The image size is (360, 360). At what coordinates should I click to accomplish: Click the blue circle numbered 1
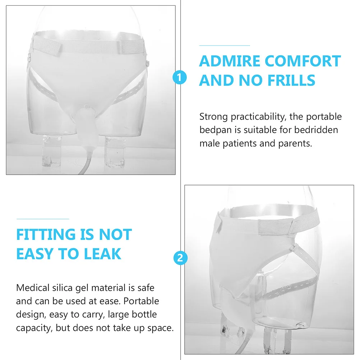coord(180,77)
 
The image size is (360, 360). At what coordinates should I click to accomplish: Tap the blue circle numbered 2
coord(180,258)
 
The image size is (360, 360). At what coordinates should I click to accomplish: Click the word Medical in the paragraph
coord(33,288)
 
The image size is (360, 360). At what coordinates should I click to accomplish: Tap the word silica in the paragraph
coord(66,288)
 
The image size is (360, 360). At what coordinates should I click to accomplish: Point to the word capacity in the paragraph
coord(32,328)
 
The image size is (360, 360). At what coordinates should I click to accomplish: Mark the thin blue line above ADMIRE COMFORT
coord(225,46)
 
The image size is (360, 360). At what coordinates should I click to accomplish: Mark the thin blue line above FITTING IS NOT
coord(42,218)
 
